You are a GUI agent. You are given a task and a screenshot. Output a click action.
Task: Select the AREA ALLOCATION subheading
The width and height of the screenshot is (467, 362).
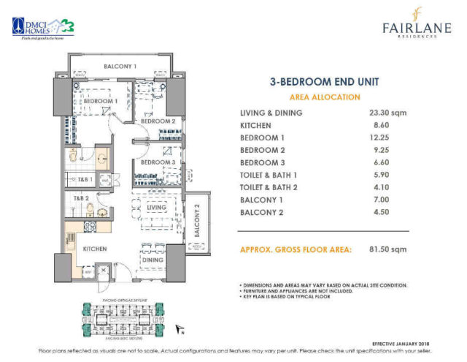pyautogui.click(x=325, y=97)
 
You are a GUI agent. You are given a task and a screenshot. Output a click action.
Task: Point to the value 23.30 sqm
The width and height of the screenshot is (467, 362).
pyautogui.click(x=388, y=113)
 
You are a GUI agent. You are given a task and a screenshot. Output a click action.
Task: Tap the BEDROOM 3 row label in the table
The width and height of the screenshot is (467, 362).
pyautogui.click(x=264, y=162)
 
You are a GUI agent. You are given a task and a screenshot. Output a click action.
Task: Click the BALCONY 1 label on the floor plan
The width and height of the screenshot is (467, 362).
pyautogui.click(x=120, y=67)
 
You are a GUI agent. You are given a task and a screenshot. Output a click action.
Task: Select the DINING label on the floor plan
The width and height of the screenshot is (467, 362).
pyautogui.click(x=153, y=260)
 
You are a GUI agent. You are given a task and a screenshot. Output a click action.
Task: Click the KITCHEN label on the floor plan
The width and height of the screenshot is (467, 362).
pyautogui.click(x=96, y=249)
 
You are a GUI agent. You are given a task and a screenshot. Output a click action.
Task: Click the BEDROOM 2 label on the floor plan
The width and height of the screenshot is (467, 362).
pyautogui.click(x=163, y=121)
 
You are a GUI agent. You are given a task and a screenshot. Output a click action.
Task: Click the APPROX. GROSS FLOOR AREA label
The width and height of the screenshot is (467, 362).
pyautogui.click(x=296, y=249)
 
